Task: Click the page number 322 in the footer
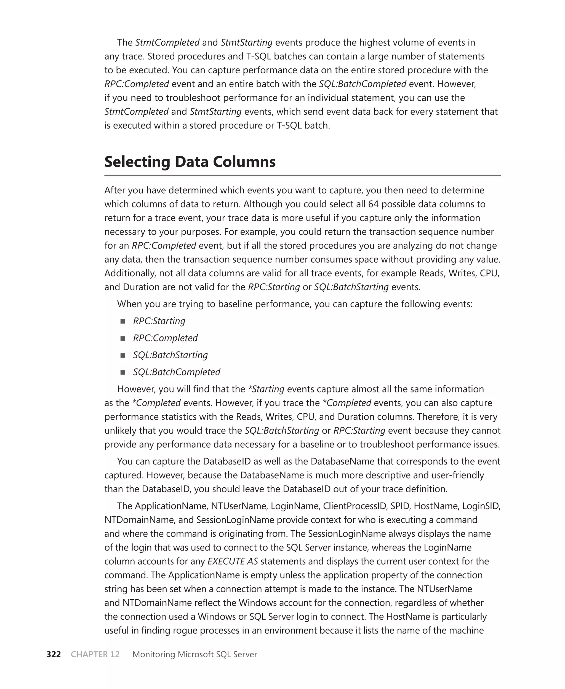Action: [54, 654]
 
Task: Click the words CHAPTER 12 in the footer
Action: [95, 654]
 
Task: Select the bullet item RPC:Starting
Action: [159, 321]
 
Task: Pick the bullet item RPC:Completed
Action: [165, 338]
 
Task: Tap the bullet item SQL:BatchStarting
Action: [170, 355]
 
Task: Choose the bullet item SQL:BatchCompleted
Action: [176, 372]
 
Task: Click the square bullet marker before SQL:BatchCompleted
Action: [123, 372]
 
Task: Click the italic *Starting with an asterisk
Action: [266, 389]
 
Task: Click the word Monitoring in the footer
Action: [154, 654]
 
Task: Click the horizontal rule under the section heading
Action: [302, 176]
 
